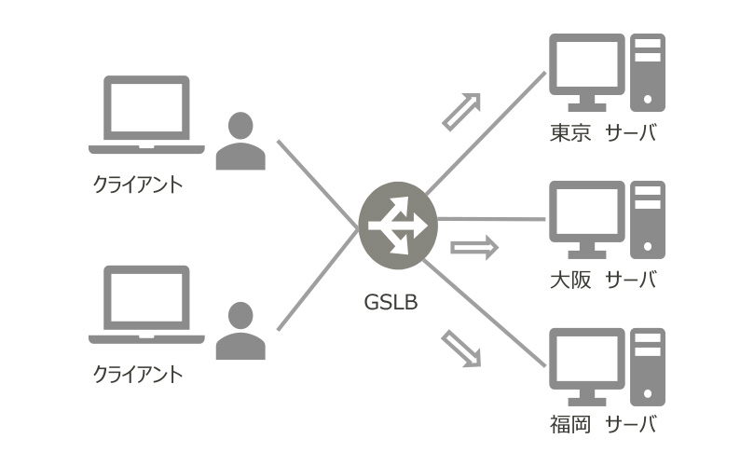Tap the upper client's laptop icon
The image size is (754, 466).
pos(146,115)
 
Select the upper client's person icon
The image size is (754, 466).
pos(240,141)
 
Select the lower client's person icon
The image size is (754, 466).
pos(240,331)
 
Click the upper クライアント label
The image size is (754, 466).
pos(138,184)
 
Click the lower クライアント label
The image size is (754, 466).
pos(138,374)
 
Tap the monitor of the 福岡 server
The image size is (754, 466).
pos(586,364)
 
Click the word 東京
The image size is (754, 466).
pos(570,133)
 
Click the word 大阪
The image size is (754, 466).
pos(570,280)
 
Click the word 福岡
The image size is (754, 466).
pos(570,426)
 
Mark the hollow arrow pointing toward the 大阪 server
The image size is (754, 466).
pos(474,248)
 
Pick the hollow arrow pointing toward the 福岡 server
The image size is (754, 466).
pos(462,348)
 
